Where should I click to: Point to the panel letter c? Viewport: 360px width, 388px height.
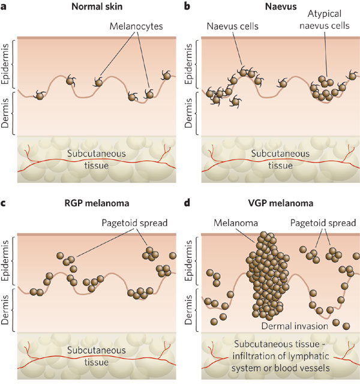(5, 203)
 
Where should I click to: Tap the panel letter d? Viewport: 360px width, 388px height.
(188, 203)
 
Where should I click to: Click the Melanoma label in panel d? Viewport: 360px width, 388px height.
(235, 223)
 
